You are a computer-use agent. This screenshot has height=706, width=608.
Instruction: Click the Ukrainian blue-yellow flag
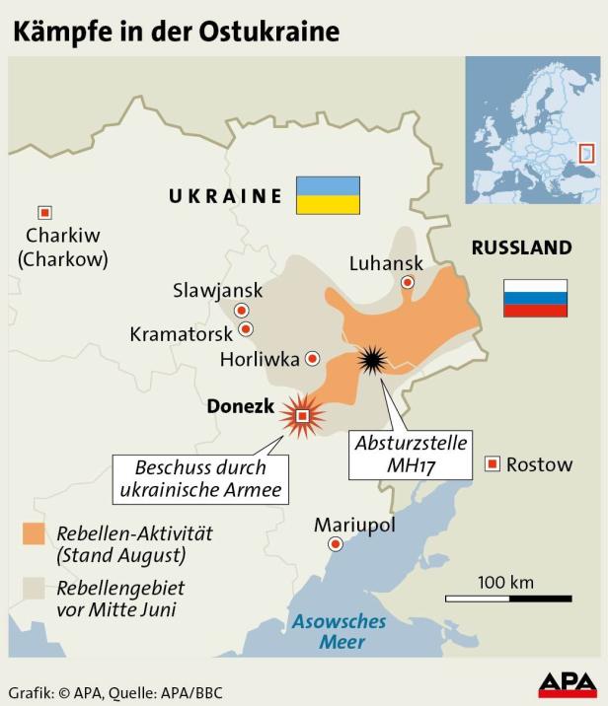pos(328,195)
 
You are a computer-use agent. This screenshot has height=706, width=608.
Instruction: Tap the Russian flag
pos(535,298)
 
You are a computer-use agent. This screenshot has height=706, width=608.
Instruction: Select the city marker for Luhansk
pos(407,282)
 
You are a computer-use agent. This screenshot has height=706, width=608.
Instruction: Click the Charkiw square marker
pos(44,212)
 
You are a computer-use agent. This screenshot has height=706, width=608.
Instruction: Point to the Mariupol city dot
pos(337,544)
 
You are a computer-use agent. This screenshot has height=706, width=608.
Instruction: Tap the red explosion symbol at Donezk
pos(302,415)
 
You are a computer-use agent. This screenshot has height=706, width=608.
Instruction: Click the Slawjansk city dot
pos(241,311)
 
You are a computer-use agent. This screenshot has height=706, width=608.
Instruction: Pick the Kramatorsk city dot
pos(246,329)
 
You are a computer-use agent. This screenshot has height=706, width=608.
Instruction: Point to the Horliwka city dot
pos(313,358)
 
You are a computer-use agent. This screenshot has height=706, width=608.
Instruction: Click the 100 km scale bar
pos(507,598)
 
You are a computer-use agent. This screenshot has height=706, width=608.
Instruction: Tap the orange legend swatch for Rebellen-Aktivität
pos(34,534)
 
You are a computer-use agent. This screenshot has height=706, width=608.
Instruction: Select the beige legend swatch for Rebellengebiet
pos(34,589)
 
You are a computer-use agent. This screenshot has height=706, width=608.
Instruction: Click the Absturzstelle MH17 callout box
pos(411,453)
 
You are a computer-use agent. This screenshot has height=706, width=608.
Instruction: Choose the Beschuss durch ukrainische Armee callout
pos(201,479)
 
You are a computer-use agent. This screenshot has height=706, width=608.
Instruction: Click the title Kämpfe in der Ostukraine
pos(176,31)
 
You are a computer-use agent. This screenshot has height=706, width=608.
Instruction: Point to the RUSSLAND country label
pos(521,247)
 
